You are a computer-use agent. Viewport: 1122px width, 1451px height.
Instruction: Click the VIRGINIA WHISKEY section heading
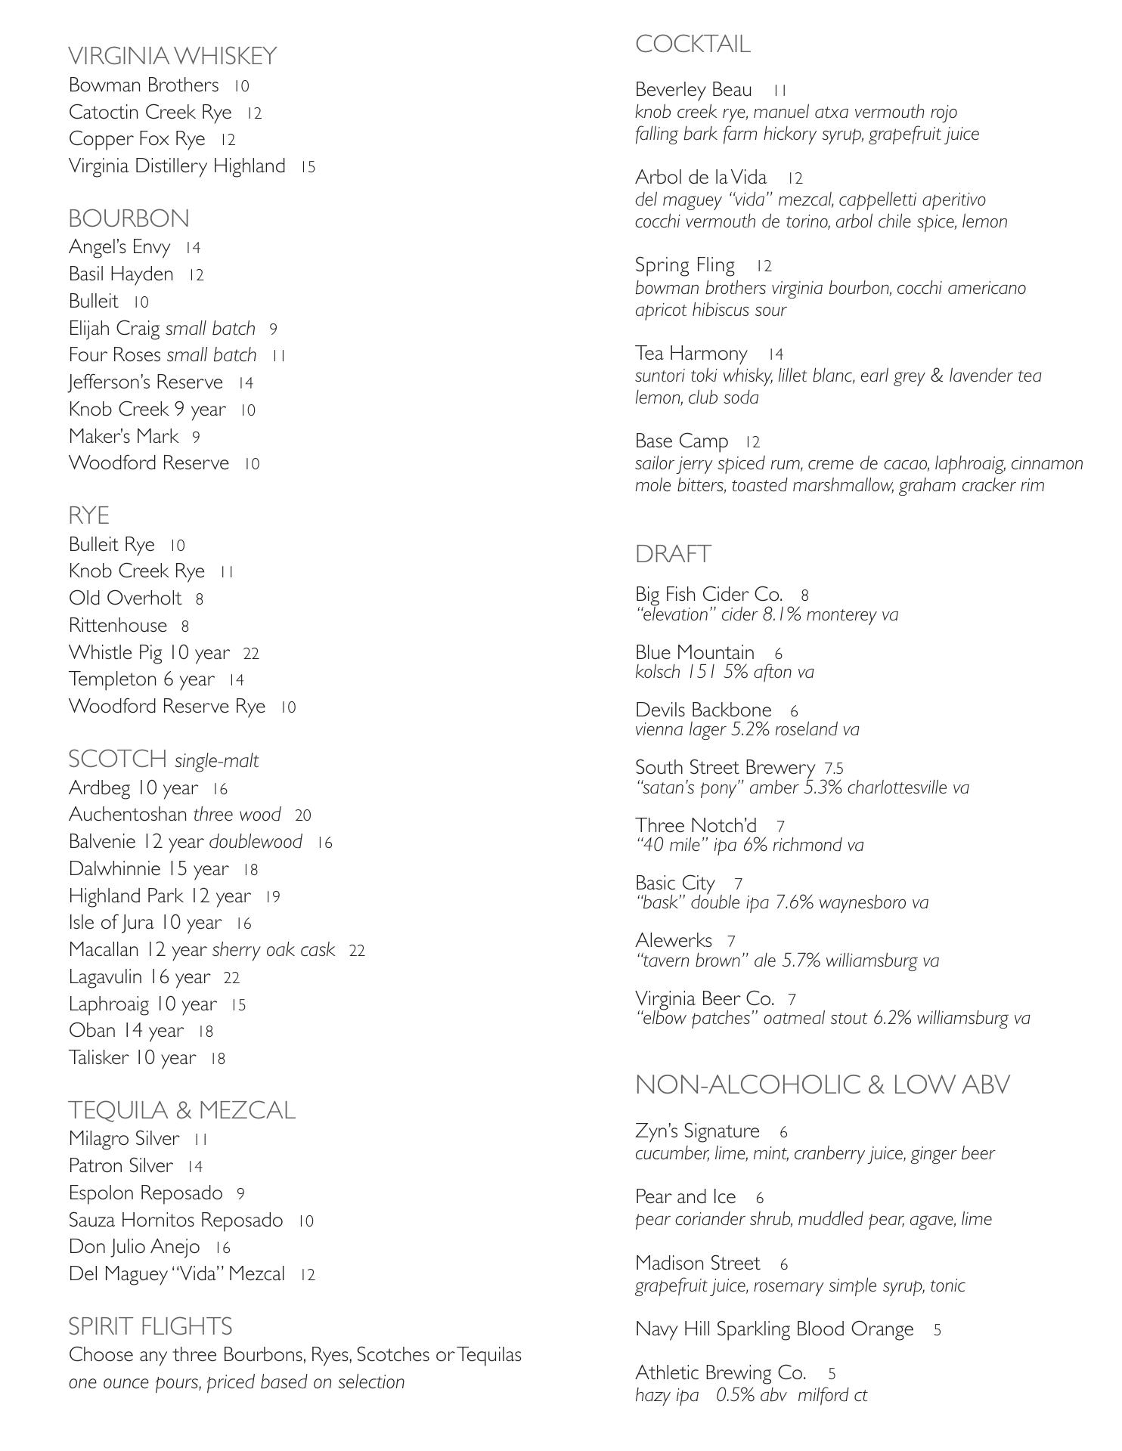(x=172, y=56)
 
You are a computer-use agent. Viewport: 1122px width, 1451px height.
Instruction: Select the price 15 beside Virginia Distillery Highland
(x=308, y=167)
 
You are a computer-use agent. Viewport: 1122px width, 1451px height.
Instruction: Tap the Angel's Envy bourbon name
(x=119, y=247)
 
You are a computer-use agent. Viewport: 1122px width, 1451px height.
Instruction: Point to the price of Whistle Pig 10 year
(x=251, y=654)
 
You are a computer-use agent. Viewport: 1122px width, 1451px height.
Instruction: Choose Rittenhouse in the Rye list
(x=118, y=626)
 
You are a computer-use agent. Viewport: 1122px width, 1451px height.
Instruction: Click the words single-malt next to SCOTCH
(x=217, y=761)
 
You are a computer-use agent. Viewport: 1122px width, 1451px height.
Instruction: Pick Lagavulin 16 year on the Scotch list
(x=140, y=977)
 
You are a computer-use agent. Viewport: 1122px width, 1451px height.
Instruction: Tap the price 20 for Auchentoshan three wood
(x=302, y=815)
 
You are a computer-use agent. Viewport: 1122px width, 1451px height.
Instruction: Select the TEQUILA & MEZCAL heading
(x=181, y=1110)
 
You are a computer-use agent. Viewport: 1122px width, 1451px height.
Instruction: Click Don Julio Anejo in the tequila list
(x=135, y=1247)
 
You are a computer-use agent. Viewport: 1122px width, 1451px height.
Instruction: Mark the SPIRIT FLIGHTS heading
(x=150, y=1326)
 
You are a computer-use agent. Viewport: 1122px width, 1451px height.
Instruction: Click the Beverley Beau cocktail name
(x=693, y=90)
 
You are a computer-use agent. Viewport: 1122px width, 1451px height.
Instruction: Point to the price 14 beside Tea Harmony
(x=776, y=354)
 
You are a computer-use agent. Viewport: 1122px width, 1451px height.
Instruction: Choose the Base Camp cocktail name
(x=681, y=441)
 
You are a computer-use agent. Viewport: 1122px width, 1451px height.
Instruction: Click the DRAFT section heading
(x=673, y=554)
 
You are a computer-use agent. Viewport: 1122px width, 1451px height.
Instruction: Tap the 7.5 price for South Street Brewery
(x=834, y=769)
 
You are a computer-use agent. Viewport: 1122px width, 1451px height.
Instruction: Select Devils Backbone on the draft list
(x=703, y=710)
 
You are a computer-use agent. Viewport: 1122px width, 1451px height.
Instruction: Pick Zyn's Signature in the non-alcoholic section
(x=697, y=1131)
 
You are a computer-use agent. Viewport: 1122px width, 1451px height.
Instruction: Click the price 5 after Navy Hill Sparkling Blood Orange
(x=938, y=1330)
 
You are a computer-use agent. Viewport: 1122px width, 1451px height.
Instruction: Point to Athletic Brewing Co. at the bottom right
(x=721, y=1372)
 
